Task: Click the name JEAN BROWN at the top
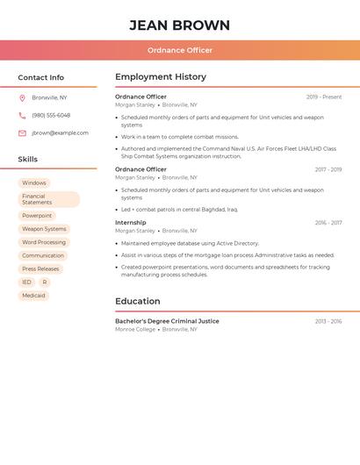click(x=179, y=25)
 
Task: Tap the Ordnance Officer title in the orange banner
click(x=179, y=50)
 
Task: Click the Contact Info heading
click(x=40, y=77)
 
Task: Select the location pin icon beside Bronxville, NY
click(x=22, y=97)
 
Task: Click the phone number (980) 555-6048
click(x=51, y=115)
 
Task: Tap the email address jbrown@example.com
click(x=60, y=132)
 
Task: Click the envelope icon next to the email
click(x=22, y=133)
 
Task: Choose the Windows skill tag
click(x=34, y=183)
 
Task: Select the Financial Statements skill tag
click(x=48, y=199)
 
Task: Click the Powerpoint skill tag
click(x=37, y=216)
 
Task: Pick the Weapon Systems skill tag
click(x=44, y=229)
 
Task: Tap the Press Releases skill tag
click(x=40, y=269)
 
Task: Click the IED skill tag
click(x=26, y=283)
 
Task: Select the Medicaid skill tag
click(x=33, y=296)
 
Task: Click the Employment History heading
click(x=160, y=77)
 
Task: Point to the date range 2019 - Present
click(x=324, y=97)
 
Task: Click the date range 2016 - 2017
click(x=328, y=223)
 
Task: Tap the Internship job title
click(x=131, y=223)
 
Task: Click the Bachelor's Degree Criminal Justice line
click(x=167, y=321)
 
